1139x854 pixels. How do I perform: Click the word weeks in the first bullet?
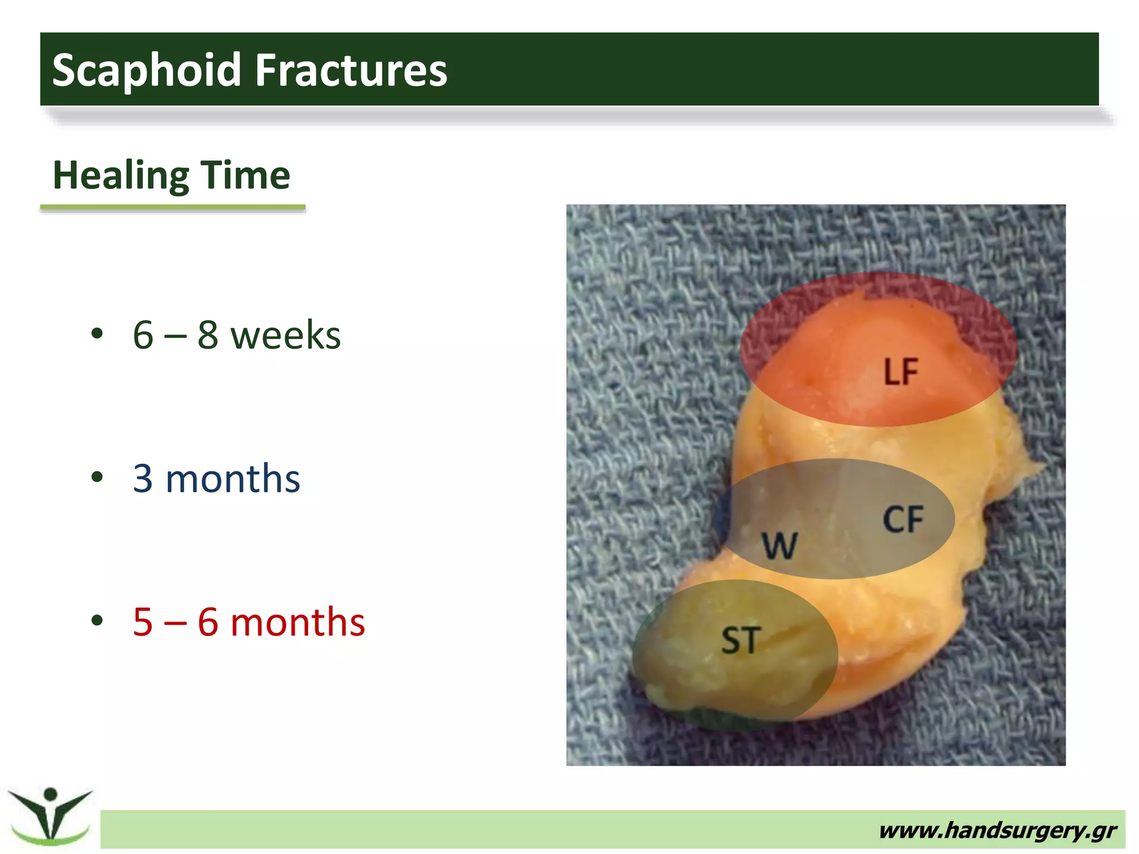(285, 336)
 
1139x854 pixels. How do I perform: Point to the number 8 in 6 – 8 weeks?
(207, 335)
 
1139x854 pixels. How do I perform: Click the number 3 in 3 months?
(143, 478)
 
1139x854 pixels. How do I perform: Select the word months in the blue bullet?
(232, 479)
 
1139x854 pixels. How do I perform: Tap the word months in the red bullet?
(298, 622)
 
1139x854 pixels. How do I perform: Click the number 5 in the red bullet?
(143, 622)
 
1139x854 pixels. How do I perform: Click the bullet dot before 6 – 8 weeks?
(97, 334)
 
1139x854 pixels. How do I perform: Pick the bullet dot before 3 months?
(97, 476)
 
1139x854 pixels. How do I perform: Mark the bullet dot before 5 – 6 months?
(97, 620)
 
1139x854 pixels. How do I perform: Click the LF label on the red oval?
(901, 372)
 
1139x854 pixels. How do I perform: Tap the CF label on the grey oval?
(903, 520)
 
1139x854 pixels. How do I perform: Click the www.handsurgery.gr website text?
(998, 830)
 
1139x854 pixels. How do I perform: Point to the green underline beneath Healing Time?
(172, 208)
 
